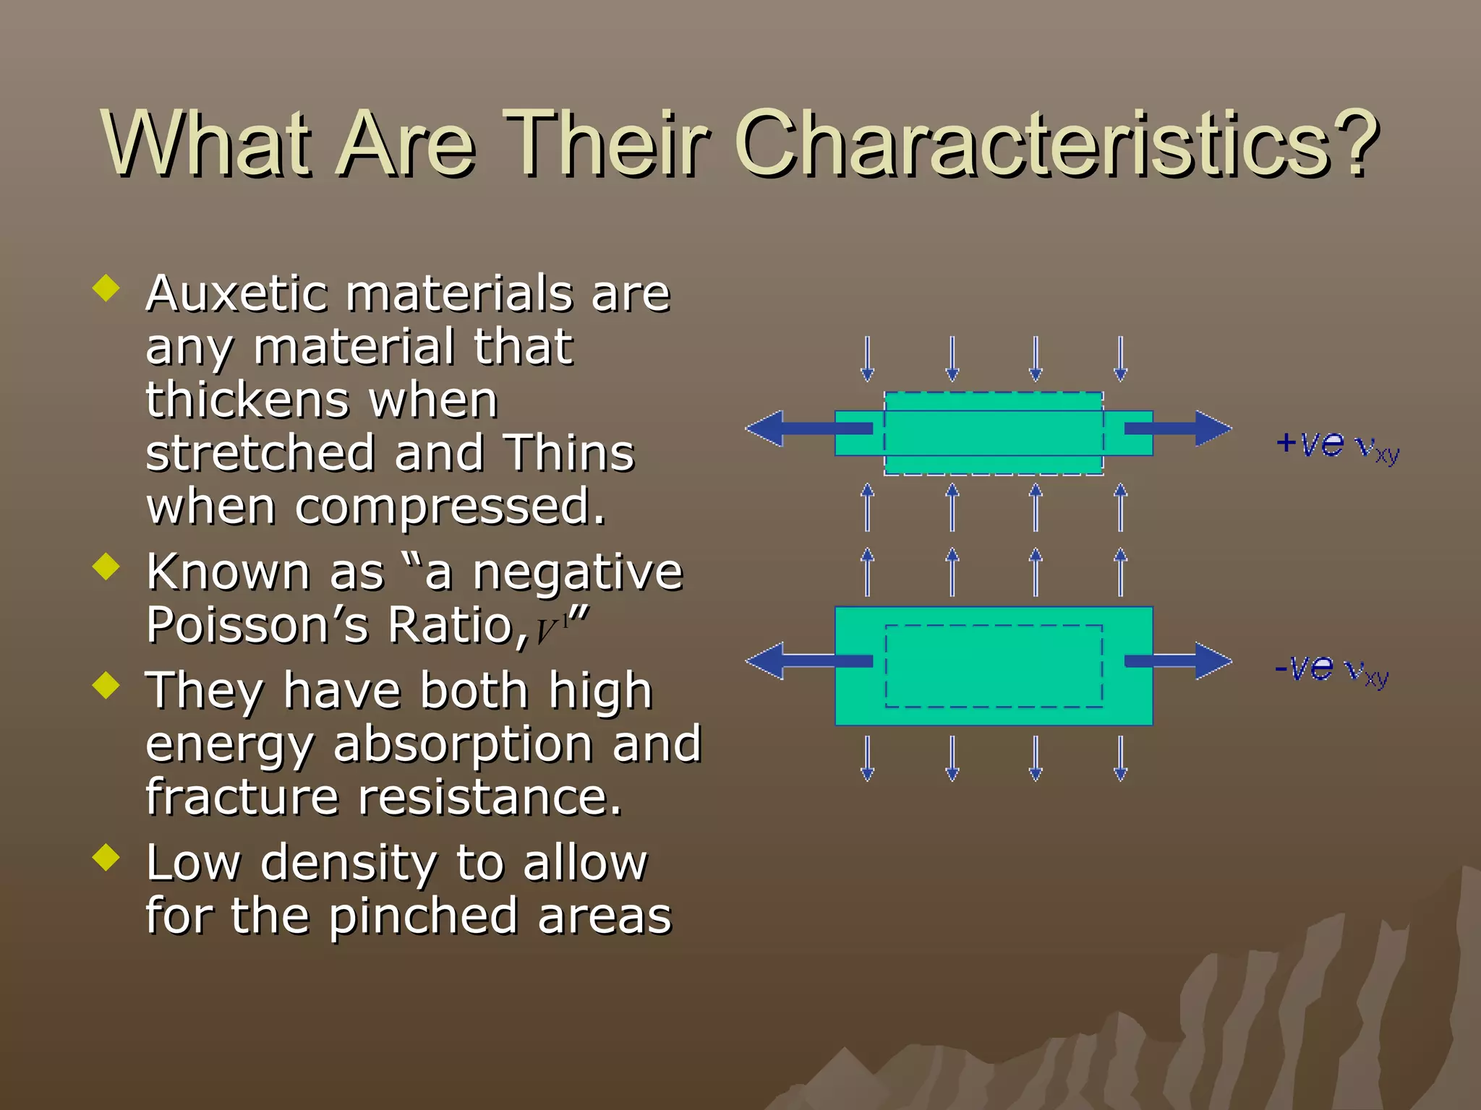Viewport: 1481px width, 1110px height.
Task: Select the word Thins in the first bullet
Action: point(568,454)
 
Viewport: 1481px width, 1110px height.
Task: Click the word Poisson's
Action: point(258,625)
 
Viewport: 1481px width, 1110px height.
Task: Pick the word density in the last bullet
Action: point(349,864)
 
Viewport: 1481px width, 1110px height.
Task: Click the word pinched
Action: point(423,916)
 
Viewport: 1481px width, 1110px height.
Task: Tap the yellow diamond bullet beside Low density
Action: point(106,858)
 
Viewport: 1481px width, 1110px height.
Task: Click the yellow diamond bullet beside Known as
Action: point(106,567)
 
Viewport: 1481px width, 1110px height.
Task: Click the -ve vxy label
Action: point(1331,669)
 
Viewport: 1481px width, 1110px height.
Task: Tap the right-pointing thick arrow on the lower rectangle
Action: point(1179,661)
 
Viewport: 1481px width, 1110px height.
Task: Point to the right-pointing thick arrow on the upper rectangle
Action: point(1179,429)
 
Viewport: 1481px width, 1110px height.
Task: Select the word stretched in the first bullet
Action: point(260,454)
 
